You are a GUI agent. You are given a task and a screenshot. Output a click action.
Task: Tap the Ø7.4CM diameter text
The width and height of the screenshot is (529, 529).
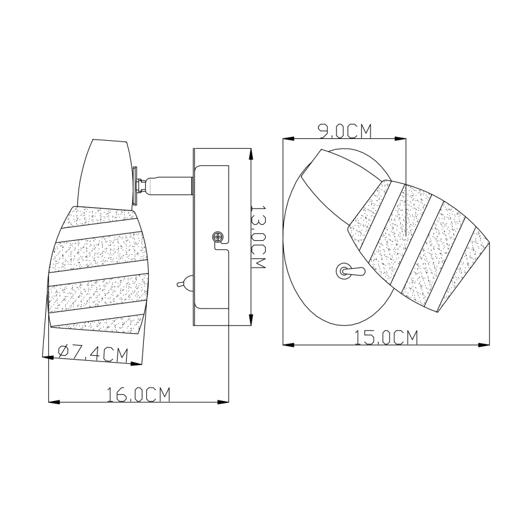(93, 353)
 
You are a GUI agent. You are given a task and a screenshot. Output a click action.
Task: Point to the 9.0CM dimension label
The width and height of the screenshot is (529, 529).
(344, 130)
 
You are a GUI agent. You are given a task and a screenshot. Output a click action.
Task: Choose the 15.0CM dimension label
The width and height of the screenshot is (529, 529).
(387, 337)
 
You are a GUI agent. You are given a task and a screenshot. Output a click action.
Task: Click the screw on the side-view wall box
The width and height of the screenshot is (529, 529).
(216, 237)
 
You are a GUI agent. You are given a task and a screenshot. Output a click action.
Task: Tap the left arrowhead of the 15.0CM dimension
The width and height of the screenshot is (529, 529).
(289, 345)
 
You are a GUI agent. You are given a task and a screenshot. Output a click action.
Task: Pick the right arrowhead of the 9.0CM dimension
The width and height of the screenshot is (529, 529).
(400, 139)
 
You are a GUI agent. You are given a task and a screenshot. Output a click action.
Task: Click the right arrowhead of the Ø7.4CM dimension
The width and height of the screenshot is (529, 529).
(137, 365)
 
